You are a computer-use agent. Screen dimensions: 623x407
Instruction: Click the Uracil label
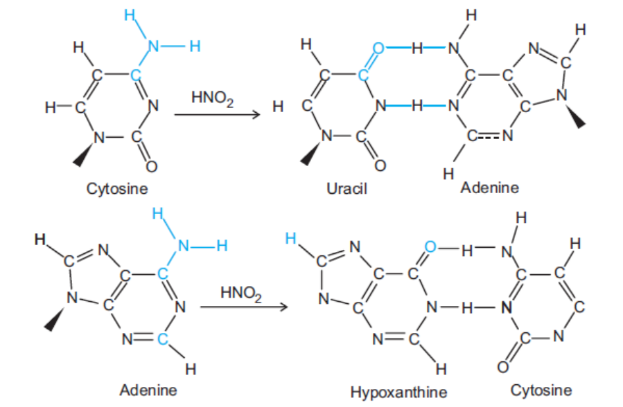(346, 188)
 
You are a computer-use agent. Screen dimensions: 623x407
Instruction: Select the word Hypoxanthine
(398, 392)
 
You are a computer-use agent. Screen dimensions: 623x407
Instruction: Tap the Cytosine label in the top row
(117, 189)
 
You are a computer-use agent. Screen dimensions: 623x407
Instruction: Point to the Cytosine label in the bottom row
(541, 390)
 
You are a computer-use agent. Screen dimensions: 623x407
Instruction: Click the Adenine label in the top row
(489, 188)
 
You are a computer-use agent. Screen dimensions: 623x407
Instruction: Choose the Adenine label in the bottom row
(148, 390)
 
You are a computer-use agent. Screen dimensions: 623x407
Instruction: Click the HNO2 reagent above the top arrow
(213, 98)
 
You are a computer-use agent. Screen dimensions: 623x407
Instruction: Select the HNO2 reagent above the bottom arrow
(241, 293)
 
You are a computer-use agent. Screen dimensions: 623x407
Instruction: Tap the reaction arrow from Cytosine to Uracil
(217, 115)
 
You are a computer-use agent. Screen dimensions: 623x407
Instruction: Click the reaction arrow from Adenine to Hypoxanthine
(243, 307)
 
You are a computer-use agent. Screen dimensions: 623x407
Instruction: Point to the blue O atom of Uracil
(378, 48)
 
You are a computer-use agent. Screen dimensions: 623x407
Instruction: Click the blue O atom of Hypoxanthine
(430, 246)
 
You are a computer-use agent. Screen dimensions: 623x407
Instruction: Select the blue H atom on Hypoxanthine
(290, 238)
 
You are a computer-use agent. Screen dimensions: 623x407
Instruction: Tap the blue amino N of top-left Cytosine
(153, 46)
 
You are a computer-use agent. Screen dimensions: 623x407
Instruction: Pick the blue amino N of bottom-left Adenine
(183, 246)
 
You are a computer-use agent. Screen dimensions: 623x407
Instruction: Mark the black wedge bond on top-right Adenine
(576, 116)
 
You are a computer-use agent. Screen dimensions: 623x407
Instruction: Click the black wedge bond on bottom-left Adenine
(55, 318)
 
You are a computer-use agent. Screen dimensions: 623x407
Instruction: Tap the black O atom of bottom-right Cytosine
(503, 367)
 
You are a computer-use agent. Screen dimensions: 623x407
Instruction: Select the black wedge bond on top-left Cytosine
(84, 155)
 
